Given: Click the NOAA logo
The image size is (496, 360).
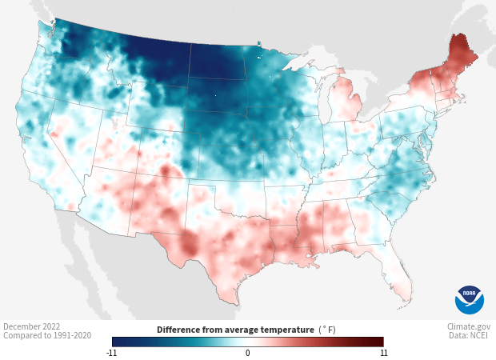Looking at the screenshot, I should pos(470,299).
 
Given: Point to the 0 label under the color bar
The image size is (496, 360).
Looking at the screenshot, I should pos(248,352).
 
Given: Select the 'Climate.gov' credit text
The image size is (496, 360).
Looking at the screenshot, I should pos(469,326).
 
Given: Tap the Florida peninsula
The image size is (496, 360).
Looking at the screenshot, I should pos(404,280).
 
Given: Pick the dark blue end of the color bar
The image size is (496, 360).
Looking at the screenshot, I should pos(117,342).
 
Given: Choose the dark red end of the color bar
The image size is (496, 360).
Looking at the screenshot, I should pos(379,342).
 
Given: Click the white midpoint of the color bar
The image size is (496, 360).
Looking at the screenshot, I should pos(248,342).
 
